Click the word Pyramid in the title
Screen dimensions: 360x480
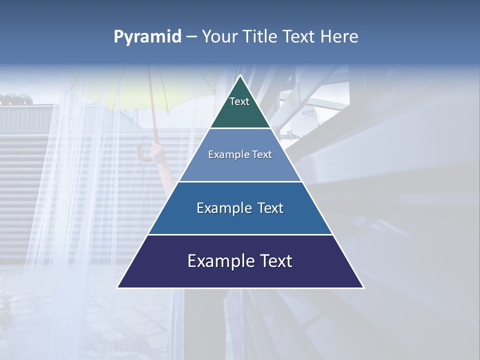147,37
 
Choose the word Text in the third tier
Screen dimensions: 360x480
268,208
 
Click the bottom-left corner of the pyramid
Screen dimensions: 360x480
117,287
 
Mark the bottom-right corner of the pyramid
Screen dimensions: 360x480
363,287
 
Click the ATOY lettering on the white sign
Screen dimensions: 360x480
308,113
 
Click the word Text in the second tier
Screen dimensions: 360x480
262,155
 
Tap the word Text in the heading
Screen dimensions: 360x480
299,37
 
